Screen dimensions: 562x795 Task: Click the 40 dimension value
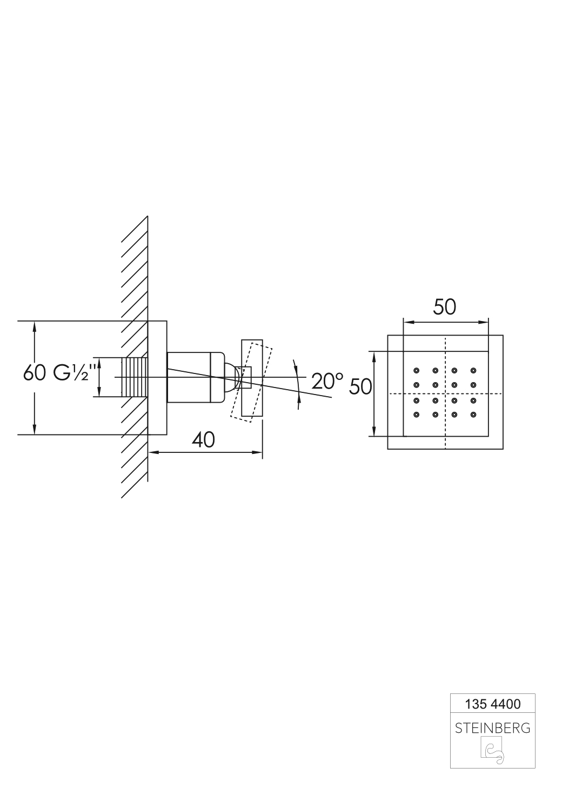click(x=203, y=440)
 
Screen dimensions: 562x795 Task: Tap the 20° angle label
click(x=327, y=381)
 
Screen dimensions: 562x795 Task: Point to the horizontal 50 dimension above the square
click(x=444, y=308)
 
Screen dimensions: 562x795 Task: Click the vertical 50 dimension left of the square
click(x=360, y=386)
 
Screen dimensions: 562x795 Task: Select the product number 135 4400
click(x=493, y=704)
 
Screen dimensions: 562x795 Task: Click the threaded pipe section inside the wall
click(x=135, y=377)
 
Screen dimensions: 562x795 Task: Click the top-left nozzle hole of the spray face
click(x=416, y=371)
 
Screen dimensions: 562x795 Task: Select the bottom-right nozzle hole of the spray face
click(x=473, y=415)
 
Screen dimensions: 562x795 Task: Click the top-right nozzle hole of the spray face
click(x=473, y=371)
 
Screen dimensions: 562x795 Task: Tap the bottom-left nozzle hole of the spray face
click(x=416, y=415)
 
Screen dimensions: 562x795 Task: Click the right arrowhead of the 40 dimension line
click(x=257, y=452)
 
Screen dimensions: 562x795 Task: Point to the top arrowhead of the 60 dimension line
click(x=35, y=326)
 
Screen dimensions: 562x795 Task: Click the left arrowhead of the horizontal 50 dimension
click(x=409, y=322)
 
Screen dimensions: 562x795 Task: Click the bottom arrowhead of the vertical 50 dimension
click(x=374, y=431)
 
